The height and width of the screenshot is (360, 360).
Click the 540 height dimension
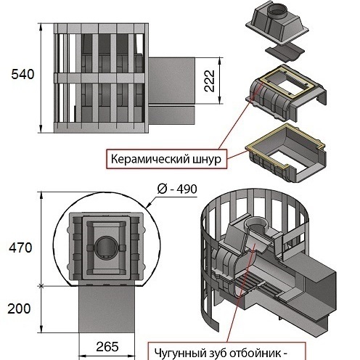point(22,74)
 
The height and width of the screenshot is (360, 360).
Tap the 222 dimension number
point(210,81)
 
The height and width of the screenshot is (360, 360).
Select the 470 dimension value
point(20,247)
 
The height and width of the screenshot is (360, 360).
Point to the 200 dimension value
point(19,308)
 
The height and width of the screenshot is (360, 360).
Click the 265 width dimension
point(107,347)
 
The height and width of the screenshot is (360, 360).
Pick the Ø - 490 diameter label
point(177,189)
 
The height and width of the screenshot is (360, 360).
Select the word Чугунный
point(179,353)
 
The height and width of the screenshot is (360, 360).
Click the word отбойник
point(255,353)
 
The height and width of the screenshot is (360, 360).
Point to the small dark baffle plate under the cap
point(285,53)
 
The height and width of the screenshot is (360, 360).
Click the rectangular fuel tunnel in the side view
point(171,81)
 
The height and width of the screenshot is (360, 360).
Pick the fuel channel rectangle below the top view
point(107,308)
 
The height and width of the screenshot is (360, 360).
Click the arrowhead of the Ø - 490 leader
point(148,206)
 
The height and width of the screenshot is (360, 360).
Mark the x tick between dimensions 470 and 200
point(41,286)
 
